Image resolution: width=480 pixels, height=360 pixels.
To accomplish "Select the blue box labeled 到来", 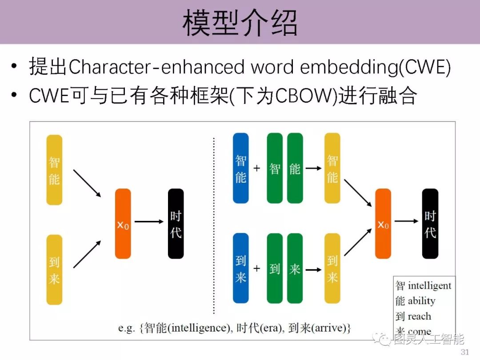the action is pos(241,268).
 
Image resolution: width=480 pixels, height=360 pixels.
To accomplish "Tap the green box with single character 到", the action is pos(275,268).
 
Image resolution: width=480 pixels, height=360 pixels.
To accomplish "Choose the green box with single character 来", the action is pos(295,268).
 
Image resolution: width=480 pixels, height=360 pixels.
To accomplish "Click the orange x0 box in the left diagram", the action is pos(123,224).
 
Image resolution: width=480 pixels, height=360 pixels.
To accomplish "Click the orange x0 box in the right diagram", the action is pos(383,224).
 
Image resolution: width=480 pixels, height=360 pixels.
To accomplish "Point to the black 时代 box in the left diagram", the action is pos(176,224).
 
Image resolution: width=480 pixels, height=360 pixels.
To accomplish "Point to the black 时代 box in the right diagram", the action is pos(430,224).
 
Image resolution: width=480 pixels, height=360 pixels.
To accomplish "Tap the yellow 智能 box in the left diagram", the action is pos(54,170).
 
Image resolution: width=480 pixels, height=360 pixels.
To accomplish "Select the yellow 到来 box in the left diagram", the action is pos(54,270).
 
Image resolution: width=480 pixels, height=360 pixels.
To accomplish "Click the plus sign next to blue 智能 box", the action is pos(256,168).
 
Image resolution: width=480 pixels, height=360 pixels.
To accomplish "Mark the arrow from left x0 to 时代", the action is pos(149,221).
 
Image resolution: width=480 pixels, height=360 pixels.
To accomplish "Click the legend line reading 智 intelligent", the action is pos(423,285).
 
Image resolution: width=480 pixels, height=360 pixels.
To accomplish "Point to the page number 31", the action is pos(465,352).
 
